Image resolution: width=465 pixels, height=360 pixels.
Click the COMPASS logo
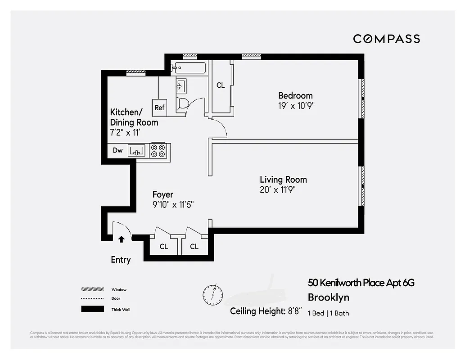pyautogui.click(x=386, y=39)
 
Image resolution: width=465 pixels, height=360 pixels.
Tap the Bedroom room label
pyautogui.click(x=295, y=95)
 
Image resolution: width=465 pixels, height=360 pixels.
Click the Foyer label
pyautogui.click(x=163, y=194)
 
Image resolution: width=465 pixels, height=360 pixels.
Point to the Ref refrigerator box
pyautogui.click(x=159, y=107)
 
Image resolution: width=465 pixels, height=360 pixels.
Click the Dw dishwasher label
pyautogui.click(x=117, y=150)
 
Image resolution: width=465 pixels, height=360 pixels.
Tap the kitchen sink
pyautogui.click(x=136, y=150)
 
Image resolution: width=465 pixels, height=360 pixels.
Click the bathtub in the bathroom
pyautogui.click(x=189, y=68)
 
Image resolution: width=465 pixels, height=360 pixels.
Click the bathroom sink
pyautogui.click(x=181, y=85)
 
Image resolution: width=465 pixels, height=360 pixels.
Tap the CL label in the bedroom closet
pyautogui.click(x=221, y=85)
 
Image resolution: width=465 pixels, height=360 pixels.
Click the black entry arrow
pyautogui.click(x=121, y=239)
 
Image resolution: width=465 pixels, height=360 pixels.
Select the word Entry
pyautogui.click(x=121, y=260)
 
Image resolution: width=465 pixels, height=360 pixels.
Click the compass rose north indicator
pyautogui.click(x=212, y=293)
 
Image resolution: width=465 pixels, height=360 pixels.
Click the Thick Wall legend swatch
pyautogui.click(x=92, y=309)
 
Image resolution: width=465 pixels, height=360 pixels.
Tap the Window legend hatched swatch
pyautogui.click(x=92, y=289)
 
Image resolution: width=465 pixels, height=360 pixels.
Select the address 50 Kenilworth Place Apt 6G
pyautogui.click(x=361, y=283)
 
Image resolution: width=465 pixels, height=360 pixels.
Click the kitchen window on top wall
pyautogui.click(x=135, y=72)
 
